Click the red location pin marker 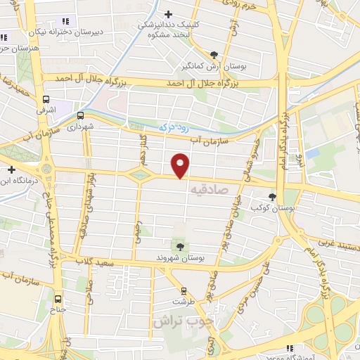click(x=181, y=165)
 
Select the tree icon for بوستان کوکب click(x=272, y=198)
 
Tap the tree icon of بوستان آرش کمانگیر click(x=214, y=54)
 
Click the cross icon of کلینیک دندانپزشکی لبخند click(x=168, y=13)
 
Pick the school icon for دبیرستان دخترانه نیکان click(x=65, y=22)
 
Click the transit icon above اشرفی click(x=46, y=100)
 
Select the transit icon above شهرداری click(x=80, y=116)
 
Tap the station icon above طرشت click(x=184, y=290)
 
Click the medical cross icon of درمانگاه click(x=12, y=169)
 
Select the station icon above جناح click(x=58, y=297)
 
